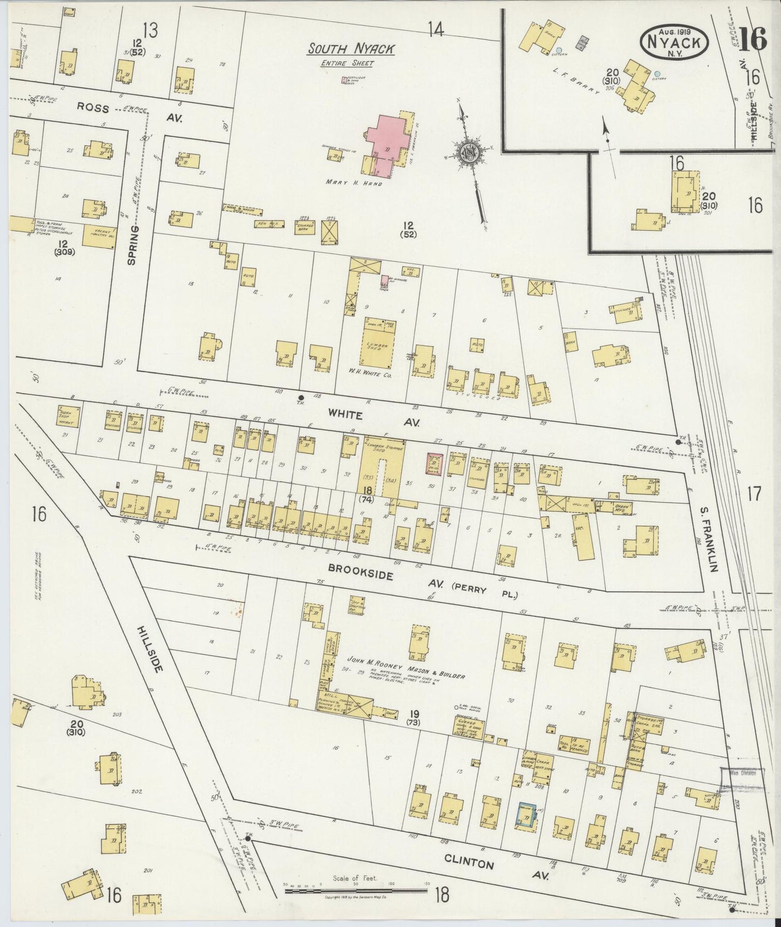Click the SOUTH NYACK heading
(x=351, y=49)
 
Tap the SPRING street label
(x=131, y=245)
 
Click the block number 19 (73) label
(x=415, y=718)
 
